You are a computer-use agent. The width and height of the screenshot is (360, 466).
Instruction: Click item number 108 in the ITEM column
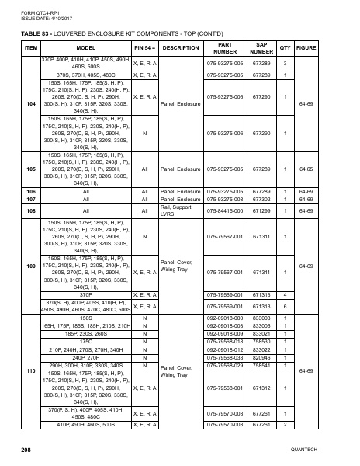pyautogui.click(x=32, y=210)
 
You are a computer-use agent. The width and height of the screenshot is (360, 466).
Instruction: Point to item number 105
pyautogui.click(x=32, y=168)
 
